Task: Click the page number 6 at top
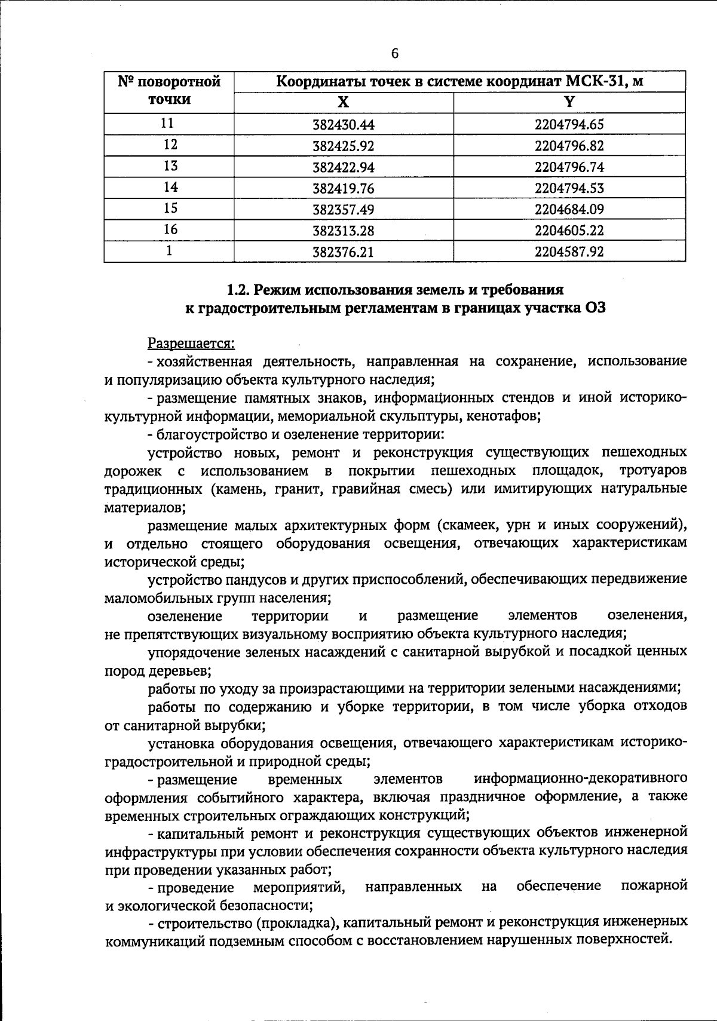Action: pyautogui.click(x=394, y=54)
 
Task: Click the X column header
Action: pyautogui.click(x=343, y=102)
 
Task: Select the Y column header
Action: pyautogui.click(x=569, y=102)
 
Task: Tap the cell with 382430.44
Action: pyautogui.click(x=343, y=125)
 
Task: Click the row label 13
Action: pyautogui.click(x=170, y=166)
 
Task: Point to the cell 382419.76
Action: pyautogui.click(x=343, y=189)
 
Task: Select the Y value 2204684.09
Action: pyautogui.click(x=569, y=210)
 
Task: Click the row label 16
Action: pyautogui.click(x=170, y=229)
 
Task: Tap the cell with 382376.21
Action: pyautogui.click(x=343, y=252)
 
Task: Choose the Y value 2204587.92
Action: pyautogui.click(x=569, y=252)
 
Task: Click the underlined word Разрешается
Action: pyautogui.click(x=191, y=344)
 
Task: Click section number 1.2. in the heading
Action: pyautogui.click(x=239, y=290)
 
